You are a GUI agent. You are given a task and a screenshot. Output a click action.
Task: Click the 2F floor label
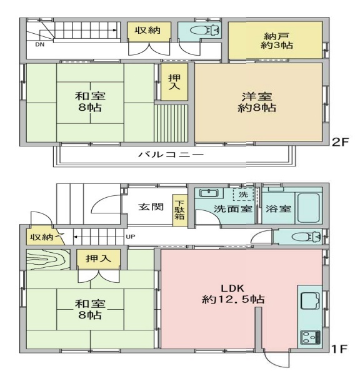pyautogui.click(x=340, y=142)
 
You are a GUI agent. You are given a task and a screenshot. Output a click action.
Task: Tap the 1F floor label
pyautogui.click(x=339, y=349)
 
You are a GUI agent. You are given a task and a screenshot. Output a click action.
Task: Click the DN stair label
pyautogui.click(x=40, y=44)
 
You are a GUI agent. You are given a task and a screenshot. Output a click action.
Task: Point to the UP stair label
pyautogui.click(x=131, y=237)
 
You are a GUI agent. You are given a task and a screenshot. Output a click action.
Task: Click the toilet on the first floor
pyautogui.click(x=306, y=237)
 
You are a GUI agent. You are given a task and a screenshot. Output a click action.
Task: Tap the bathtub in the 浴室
pyautogui.click(x=309, y=208)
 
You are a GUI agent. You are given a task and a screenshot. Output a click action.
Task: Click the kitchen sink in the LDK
pyautogui.click(x=310, y=300)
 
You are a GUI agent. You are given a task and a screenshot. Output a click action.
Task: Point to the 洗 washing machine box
pyautogui.click(x=243, y=194)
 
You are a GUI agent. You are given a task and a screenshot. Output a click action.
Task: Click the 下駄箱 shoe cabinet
pyautogui.click(x=180, y=210)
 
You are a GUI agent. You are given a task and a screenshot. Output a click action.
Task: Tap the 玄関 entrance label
pyautogui.click(x=151, y=207)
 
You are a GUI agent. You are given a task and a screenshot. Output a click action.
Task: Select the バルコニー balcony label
pyautogui.click(x=171, y=155)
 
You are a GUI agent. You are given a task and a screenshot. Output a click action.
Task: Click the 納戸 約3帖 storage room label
pyautogui.click(x=276, y=41)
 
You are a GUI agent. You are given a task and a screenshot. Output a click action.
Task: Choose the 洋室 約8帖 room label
pyautogui.click(x=257, y=102)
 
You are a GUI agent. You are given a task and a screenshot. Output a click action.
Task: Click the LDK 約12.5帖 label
pyautogui.click(x=233, y=294)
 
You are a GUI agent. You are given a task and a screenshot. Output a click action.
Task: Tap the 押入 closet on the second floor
pyautogui.click(x=174, y=82)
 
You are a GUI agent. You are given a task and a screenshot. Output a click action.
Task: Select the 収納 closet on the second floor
pyautogui.click(x=149, y=32)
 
